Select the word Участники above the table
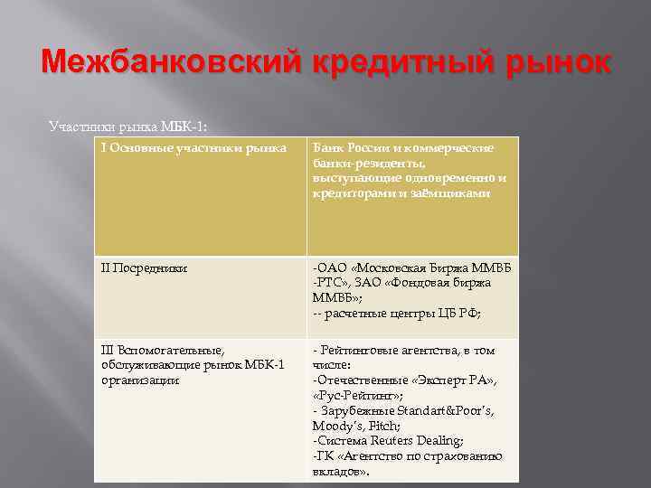pyautogui.click(x=78, y=125)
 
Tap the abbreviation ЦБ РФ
pyautogui.click(x=460, y=314)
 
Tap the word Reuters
pyautogui.click(x=392, y=440)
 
